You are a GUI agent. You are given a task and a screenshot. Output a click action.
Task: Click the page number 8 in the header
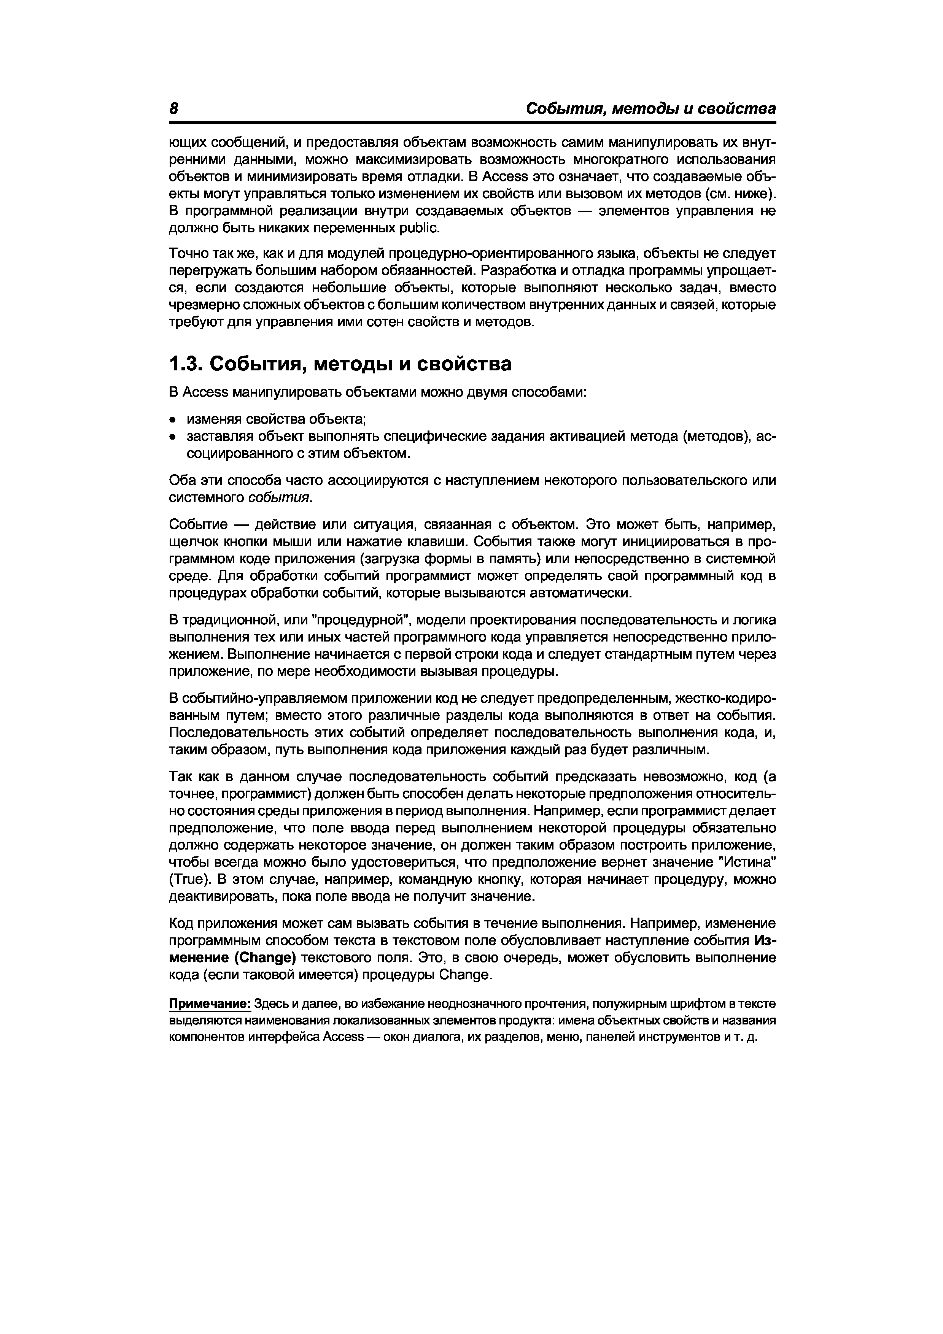[173, 109]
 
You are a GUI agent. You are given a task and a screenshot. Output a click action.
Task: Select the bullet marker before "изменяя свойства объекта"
[173, 419]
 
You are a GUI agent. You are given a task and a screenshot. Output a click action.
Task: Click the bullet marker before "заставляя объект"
[173, 437]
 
